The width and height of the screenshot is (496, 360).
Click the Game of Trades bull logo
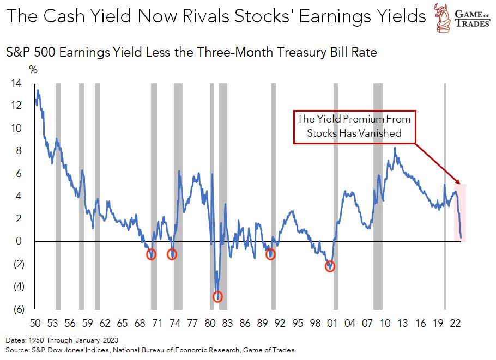click(445, 16)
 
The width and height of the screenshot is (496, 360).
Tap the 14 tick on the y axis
click(16, 83)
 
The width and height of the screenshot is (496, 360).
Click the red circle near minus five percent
click(218, 296)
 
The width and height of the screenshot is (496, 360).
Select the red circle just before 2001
click(330, 266)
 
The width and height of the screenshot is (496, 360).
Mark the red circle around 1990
click(270, 254)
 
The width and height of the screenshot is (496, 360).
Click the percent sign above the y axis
click(33, 70)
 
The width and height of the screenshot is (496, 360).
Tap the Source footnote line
click(150, 350)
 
